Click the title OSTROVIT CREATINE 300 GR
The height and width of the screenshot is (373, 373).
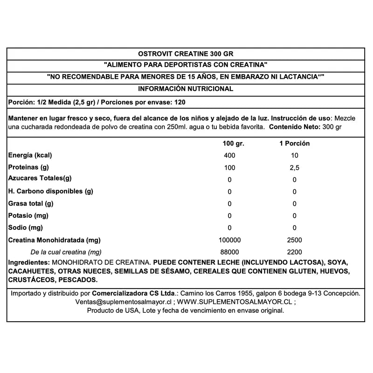(186, 53)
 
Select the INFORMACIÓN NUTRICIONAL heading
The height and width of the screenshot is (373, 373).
(186, 89)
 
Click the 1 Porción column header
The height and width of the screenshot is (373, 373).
(294, 144)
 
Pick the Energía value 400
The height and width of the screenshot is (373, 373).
(229, 155)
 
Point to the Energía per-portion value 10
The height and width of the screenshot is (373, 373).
(294, 155)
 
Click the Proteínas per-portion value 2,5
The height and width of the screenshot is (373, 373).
(294, 167)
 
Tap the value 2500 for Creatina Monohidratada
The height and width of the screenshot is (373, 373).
(294, 240)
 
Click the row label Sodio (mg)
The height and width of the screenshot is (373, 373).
(26, 228)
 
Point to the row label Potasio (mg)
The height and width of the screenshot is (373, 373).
(28, 216)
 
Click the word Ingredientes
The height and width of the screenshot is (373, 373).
(28, 262)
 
